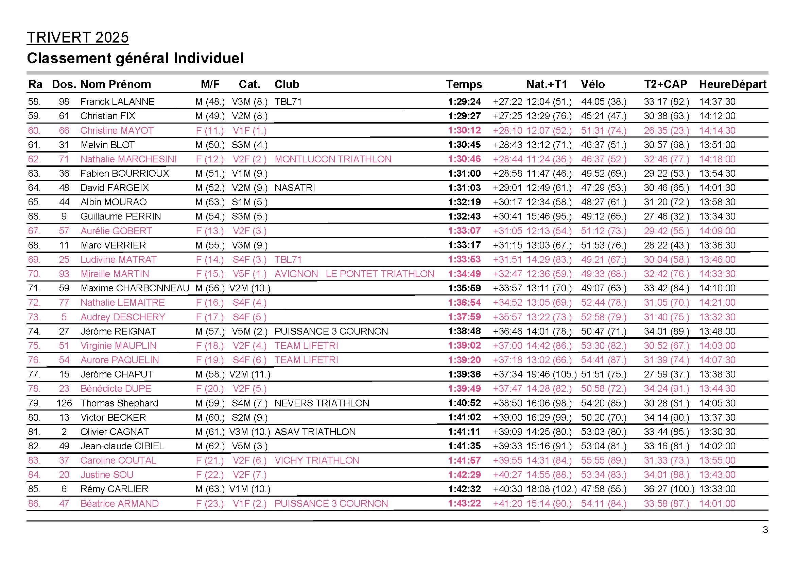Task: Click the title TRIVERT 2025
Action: [77, 37]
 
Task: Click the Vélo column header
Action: [593, 84]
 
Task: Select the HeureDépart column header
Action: [732, 84]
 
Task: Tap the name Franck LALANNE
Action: [117, 101]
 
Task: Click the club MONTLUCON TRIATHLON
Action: [333, 159]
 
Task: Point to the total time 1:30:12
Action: [464, 130]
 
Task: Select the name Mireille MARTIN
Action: [115, 274]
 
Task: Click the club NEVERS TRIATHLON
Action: [322, 403]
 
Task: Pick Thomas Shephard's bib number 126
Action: [64, 403]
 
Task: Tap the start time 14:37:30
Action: [717, 101]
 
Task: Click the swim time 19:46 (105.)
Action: [551, 374]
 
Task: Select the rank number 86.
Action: [34, 503]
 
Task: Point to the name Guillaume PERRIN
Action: [121, 216]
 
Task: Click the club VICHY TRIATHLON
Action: [316, 461]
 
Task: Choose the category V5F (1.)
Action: [249, 274]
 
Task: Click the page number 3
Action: [765, 530]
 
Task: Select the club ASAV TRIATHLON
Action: [315, 432]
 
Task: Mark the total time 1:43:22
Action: [464, 503]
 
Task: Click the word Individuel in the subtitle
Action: [209, 58]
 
